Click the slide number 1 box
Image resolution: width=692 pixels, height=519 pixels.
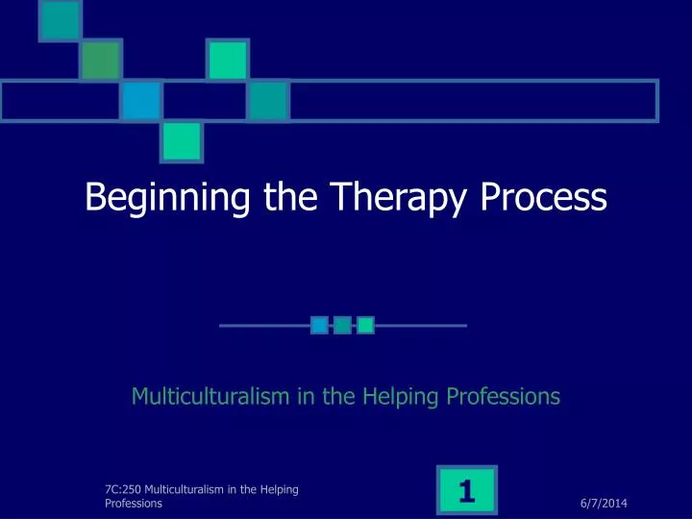coord(467,492)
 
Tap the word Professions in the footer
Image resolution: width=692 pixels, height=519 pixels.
coord(134,503)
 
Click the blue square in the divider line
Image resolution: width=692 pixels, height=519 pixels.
coord(320,326)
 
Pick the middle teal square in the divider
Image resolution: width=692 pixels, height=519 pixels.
coord(342,326)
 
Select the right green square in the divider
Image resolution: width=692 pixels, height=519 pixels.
coord(365,326)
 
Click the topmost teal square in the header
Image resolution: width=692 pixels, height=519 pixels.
coord(59,20)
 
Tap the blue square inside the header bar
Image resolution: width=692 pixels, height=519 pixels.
coord(141,99)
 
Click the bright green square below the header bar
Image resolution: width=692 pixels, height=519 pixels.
coord(181,140)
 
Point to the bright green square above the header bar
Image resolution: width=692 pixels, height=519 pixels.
coord(229,59)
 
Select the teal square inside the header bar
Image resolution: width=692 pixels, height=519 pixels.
coord(269,99)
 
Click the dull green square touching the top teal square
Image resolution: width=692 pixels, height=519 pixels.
coord(100,60)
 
